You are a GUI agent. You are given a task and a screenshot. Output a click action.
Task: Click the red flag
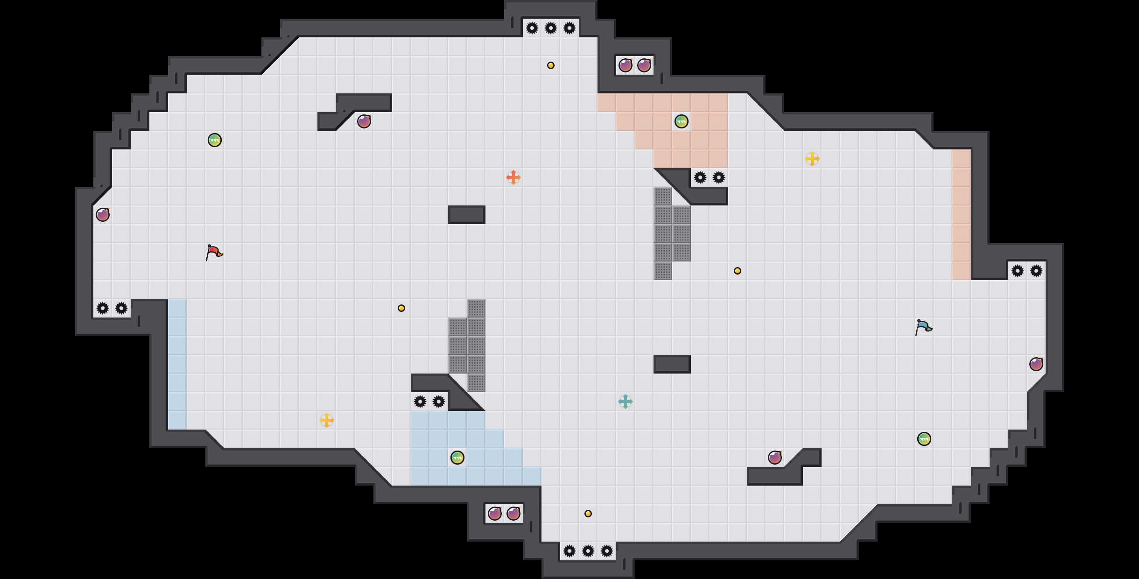click(x=214, y=252)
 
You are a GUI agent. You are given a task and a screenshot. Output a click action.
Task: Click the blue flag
click(x=923, y=327)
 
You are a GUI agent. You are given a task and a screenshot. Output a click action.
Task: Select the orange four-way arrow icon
click(x=513, y=177)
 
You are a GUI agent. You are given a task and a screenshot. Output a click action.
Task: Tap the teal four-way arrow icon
click(x=625, y=402)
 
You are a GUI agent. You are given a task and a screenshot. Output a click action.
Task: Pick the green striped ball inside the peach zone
click(x=681, y=121)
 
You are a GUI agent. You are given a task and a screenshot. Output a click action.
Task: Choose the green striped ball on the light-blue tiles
click(x=457, y=458)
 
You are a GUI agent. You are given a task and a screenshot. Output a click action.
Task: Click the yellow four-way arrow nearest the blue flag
click(x=812, y=159)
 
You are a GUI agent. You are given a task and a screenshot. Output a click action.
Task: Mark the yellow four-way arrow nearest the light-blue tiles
click(x=326, y=420)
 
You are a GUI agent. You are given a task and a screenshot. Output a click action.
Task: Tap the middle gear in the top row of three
click(x=550, y=28)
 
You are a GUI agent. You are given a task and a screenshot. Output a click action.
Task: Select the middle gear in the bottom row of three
click(x=588, y=551)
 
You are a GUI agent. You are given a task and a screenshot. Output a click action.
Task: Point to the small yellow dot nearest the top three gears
click(x=550, y=65)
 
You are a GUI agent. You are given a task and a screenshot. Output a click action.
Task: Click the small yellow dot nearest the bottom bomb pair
click(x=588, y=514)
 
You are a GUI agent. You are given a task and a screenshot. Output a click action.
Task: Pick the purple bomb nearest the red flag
click(x=102, y=215)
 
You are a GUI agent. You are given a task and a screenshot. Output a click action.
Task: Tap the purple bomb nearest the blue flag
click(x=1036, y=364)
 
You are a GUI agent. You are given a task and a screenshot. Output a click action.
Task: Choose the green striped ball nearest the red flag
click(x=214, y=140)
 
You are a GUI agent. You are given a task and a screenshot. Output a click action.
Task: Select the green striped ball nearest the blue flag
click(x=924, y=439)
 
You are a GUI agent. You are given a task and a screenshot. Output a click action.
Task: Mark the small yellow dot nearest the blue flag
click(x=737, y=271)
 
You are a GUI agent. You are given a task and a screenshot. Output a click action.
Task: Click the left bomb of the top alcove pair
click(x=625, y=65)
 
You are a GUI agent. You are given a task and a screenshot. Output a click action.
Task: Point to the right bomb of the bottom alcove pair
click(x=513, y=514)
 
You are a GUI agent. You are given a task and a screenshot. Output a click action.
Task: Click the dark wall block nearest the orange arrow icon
click(x=466, y=215)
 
